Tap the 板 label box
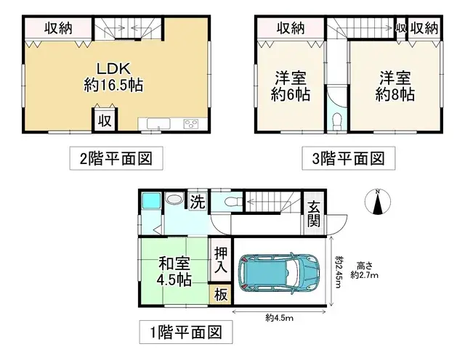coord(220,295)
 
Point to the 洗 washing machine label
coord(196,202)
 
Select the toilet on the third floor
coord(336,122)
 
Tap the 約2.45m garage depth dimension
coord(339,275)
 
